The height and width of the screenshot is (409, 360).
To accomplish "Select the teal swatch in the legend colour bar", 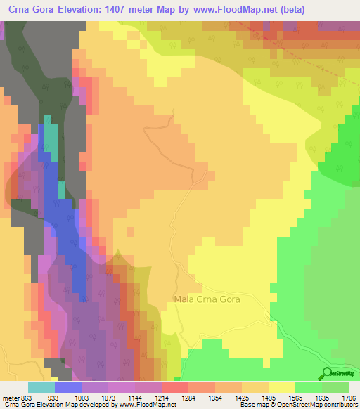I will tap(41, 387).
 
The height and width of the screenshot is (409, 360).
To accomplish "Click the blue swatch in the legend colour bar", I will tap(68, 387).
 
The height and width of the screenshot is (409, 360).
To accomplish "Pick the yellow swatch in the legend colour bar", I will tap(281, 387).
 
